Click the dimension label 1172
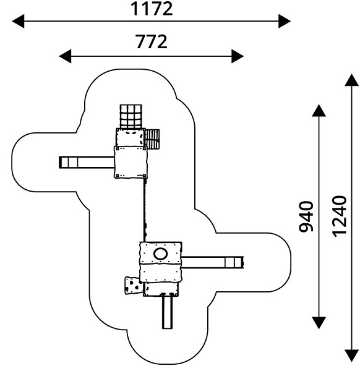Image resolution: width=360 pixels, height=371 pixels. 152,9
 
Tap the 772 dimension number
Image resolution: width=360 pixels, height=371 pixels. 152,41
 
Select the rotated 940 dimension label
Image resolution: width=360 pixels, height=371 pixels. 306,216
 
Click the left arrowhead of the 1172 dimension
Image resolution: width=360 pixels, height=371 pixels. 18,21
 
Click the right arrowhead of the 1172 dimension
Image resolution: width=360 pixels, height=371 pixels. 285,21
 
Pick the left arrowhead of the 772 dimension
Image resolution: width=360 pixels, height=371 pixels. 65,56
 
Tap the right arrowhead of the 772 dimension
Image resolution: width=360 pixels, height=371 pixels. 238,56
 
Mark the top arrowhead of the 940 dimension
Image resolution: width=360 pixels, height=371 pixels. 319,111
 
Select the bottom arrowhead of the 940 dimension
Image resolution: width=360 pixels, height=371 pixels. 319,323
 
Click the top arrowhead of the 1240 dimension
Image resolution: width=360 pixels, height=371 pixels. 352,80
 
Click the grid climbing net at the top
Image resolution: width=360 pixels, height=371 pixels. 131,117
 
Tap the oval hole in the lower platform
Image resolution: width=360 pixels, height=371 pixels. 161,254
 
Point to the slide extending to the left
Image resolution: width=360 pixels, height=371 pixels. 87,162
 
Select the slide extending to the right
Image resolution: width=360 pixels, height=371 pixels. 212,262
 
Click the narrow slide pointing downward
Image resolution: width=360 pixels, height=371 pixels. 167,311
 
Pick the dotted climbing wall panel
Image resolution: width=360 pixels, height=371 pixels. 134,286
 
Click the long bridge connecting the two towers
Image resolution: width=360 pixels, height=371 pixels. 145,210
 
